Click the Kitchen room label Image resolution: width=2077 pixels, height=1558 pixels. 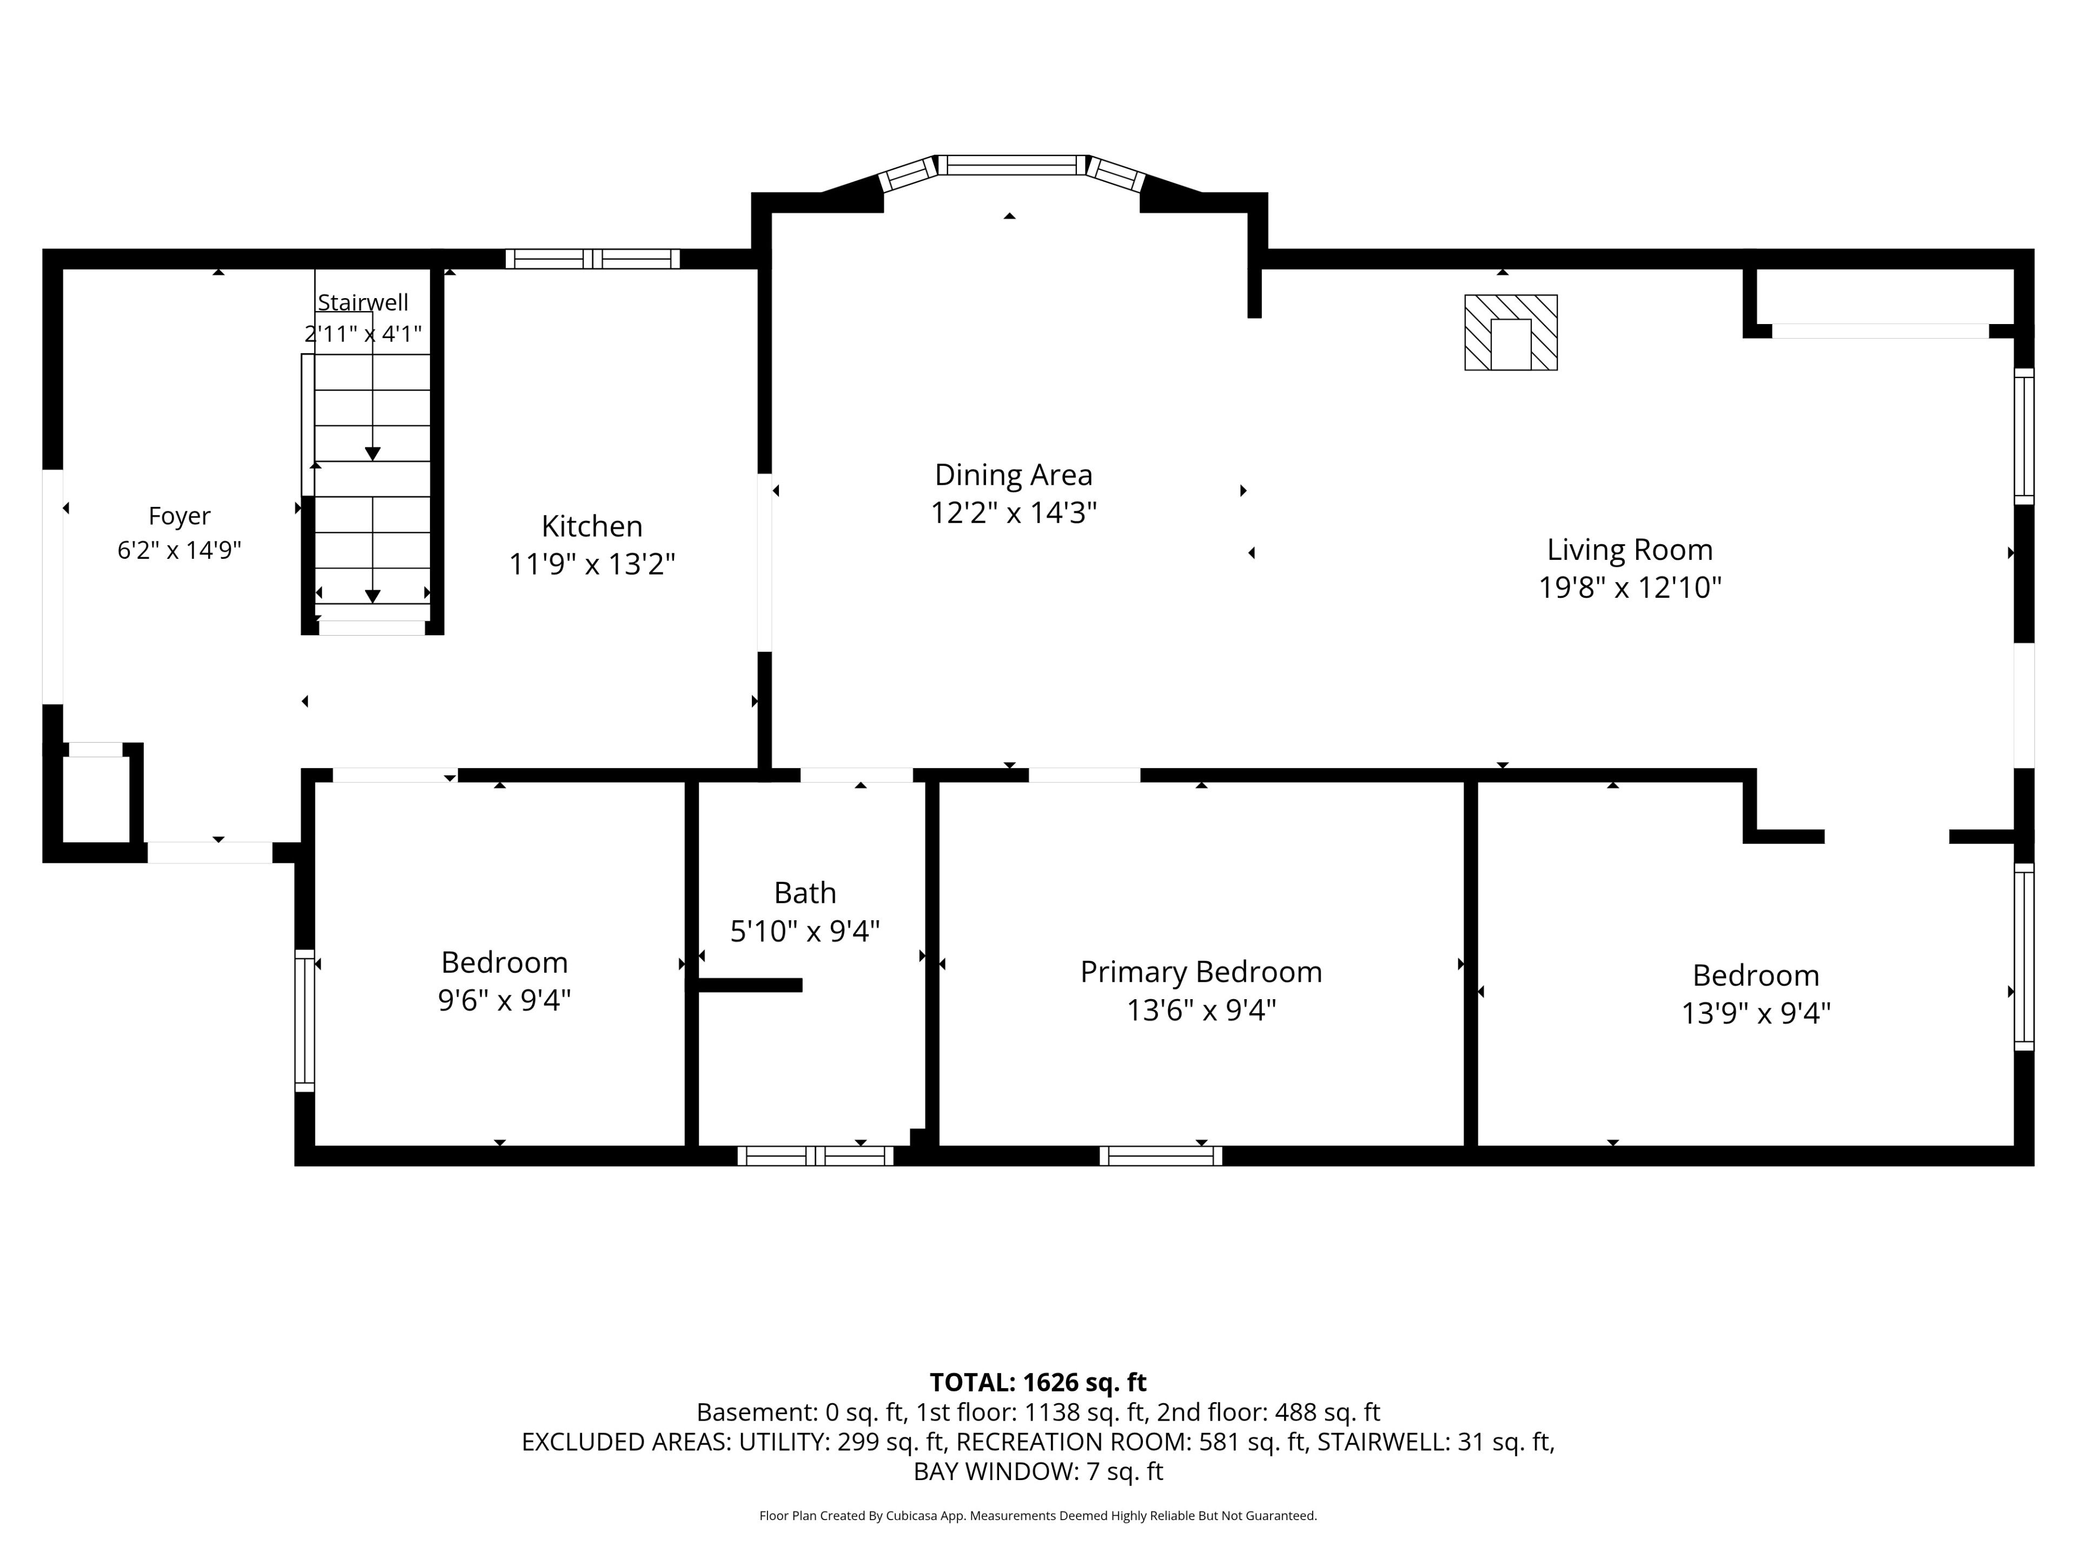tap(592, 526)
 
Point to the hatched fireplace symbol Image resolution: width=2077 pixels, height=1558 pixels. tap(1511, 333)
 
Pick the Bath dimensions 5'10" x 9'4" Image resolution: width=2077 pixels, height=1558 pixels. tap(805, 930)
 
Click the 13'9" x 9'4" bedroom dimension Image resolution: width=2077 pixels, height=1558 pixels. tap(1756, 1013)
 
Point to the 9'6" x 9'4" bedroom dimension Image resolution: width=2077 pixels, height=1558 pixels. tap(504, 1000)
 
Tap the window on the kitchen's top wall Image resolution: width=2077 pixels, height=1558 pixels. tap(592, 259)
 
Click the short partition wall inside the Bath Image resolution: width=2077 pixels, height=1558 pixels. tap(749, 985)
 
